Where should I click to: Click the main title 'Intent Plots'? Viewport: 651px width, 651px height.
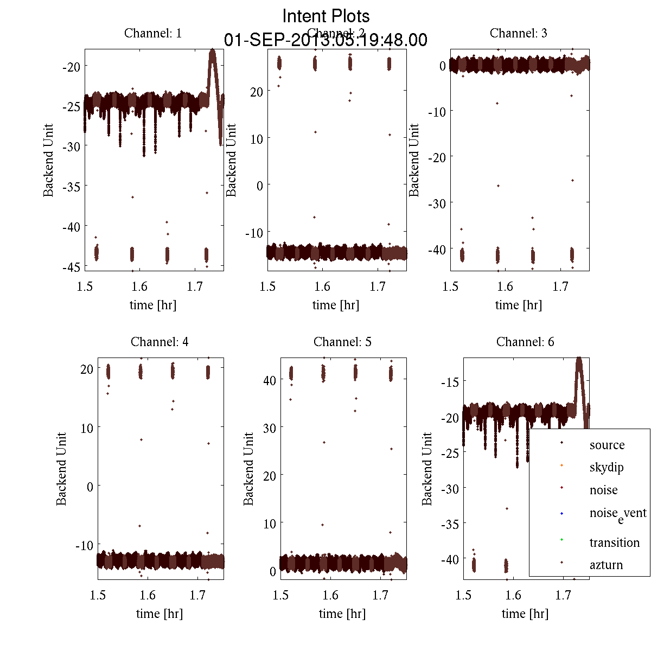click(x=326, y=16)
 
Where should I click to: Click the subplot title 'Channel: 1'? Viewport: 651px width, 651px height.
click(x=153, y=33)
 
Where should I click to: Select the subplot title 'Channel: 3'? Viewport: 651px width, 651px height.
click(x=518, y=33)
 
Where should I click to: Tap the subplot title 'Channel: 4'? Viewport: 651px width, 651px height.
click(x=159, y=342)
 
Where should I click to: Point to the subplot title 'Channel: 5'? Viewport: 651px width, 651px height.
click(x=342, y=342)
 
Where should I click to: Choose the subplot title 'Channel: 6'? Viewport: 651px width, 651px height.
click(x=525, y=342)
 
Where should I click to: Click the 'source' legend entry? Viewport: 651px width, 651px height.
click(x=607, y=445)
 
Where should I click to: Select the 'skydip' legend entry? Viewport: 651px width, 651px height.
click(x=607, y=467)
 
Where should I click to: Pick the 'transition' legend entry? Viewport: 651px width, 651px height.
click(x=615, y=542)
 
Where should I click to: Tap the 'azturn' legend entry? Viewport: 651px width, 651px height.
click(x=606, y=565)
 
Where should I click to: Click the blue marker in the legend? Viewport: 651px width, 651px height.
click(x=561, y=513)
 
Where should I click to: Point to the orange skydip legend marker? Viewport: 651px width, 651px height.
click(x=561, y=465)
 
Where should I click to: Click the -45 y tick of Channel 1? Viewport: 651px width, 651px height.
click(x=71, y=267)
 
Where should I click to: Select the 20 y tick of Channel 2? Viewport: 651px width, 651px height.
click(x=257, y=92)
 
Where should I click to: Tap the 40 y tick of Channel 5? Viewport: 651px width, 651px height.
click(x=270, y=380)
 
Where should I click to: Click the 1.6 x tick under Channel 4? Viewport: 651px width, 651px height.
click(x=148, y=595)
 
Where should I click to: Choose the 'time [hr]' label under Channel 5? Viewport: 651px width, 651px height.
click(x=342, y=614)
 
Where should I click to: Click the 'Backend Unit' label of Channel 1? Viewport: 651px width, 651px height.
click(x=49, y=160)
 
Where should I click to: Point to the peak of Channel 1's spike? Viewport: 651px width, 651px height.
click(x=212, y=51)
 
